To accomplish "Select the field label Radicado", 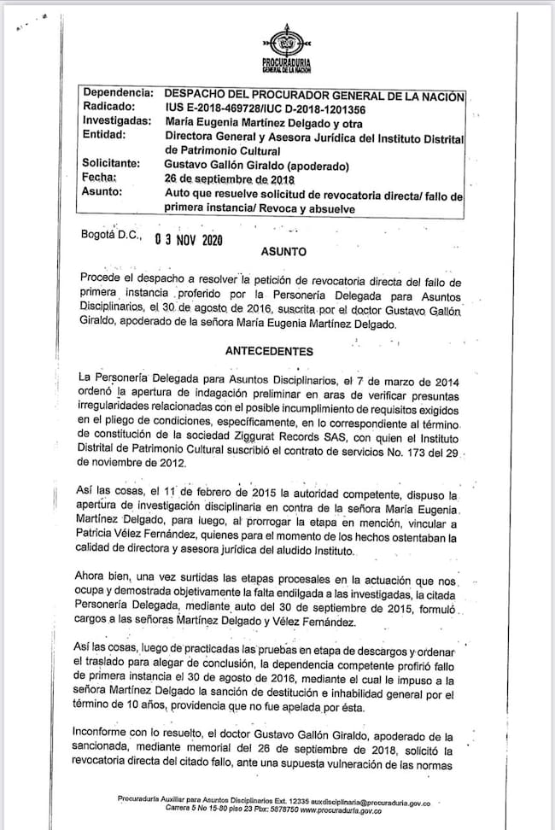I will tap(110, 108).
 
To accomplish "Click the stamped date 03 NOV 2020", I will tap(188, 240).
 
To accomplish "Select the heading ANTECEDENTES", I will tap(269, 351).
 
